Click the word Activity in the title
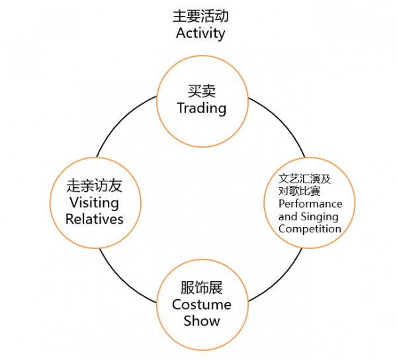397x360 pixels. point(200,32)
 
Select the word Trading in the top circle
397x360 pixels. point(202,108)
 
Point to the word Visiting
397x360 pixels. point(94,202)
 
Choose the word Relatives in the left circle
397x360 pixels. point(95,219)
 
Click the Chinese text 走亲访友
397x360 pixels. point(95,186)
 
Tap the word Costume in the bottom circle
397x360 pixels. point(202,304)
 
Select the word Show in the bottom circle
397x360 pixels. point(202,321)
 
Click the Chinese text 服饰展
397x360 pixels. point(202,288)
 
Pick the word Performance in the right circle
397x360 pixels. point(310,204)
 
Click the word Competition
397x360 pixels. point(310,229)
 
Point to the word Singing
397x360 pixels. point(320,216)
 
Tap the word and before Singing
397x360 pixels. point(288,216)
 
